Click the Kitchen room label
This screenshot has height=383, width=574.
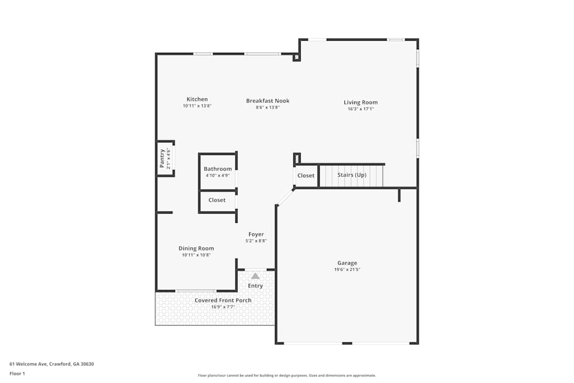click(197, 99)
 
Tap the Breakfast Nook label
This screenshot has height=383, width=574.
click(267, 100)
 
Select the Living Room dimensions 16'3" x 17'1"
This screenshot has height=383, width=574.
click(360, 109)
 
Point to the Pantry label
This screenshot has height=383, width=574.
click(162, 158)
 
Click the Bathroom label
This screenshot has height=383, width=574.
click(218, 169)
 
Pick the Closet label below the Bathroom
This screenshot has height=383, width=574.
click(217, 200)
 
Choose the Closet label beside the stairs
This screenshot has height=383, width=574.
click(306, 176)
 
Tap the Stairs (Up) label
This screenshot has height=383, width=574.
click(351, 175)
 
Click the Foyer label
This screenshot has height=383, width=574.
click(256, 234)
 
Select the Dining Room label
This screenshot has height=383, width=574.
click(196, 249)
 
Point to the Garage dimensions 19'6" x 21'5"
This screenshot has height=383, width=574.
click(347, 270)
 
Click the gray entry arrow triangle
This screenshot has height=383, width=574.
click(255, 276)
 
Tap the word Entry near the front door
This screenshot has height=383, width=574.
click(255, 286)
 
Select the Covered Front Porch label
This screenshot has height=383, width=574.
click(223, 300)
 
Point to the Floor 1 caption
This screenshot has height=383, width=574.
click(17, 373)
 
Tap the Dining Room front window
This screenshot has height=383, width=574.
click(196, 291)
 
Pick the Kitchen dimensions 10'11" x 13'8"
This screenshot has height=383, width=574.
click(197, 106)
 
